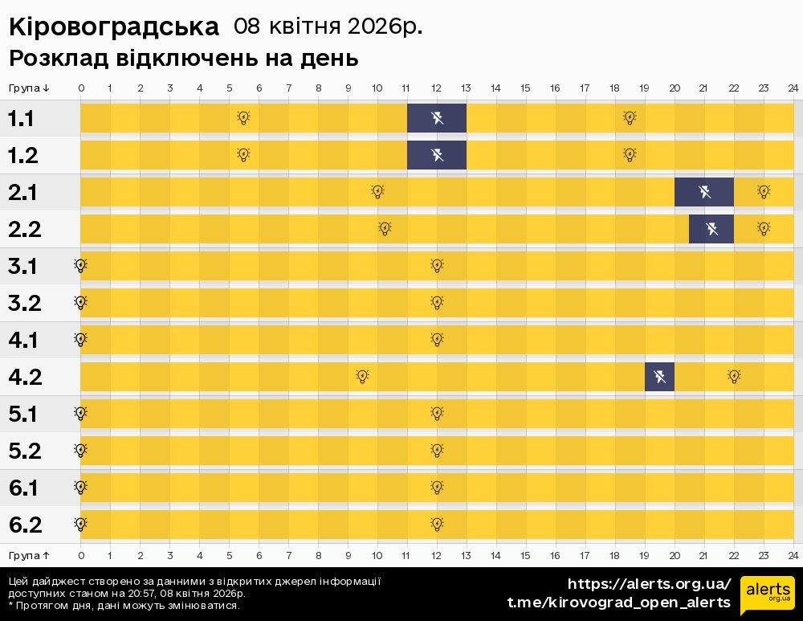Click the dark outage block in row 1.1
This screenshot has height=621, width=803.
click(437, 118)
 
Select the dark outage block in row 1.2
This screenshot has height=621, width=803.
click(437, 155)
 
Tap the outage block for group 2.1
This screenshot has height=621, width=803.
click(704, 192)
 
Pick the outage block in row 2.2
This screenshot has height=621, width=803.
click(711, 229)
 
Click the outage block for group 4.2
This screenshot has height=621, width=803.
click(659, 376)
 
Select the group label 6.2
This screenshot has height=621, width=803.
click(24, 525)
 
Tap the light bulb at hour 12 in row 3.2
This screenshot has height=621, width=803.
click(437, 303)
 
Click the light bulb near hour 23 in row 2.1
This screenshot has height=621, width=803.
click(764, 192)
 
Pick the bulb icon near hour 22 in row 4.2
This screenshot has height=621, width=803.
click(734, 376)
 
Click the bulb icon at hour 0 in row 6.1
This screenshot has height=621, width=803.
click(80, 487)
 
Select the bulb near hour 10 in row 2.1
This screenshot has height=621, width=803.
click(377, 192)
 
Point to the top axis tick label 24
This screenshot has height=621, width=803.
click(793, 88)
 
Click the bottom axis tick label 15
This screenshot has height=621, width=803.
click(525, 555)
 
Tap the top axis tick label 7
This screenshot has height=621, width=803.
click(288, 88)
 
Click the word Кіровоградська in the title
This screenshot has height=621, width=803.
click(113, 27)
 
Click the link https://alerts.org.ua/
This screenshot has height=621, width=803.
click(649, 584)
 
